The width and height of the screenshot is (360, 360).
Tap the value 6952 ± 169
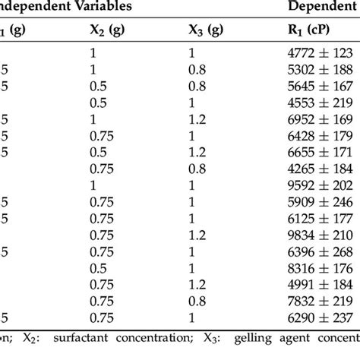pos(314,118)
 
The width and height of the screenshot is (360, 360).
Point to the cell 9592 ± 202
pos(314,185)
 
